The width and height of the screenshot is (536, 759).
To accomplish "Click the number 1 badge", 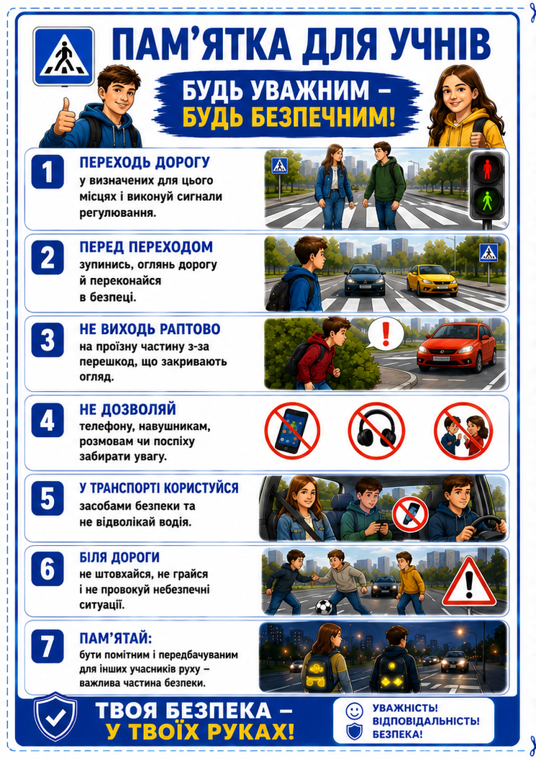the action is coord(47,171).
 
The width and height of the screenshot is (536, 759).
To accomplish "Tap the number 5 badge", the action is coord(47,498).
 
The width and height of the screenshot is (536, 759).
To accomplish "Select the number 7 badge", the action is coord(47,646).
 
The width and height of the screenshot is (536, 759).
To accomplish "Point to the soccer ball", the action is coord(323,607).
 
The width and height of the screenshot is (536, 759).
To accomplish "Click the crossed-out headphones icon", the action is coord(376,431).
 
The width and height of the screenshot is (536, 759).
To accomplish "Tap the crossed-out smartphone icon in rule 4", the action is coord(292,431).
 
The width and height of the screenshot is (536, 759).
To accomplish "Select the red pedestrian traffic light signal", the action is coord(486,169).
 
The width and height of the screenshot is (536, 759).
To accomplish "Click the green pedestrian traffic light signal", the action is coord(487,199).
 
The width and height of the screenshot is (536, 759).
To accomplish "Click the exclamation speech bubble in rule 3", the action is coord(385,333).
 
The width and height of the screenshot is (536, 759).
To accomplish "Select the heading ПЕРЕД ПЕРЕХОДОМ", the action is coord(146,246).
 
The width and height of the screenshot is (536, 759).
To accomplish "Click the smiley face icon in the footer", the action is coord(354,711).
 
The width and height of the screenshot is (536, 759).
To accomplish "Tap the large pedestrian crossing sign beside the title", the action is coord(64,57).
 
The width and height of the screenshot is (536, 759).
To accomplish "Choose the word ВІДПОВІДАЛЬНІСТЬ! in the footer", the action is coord(426,722).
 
